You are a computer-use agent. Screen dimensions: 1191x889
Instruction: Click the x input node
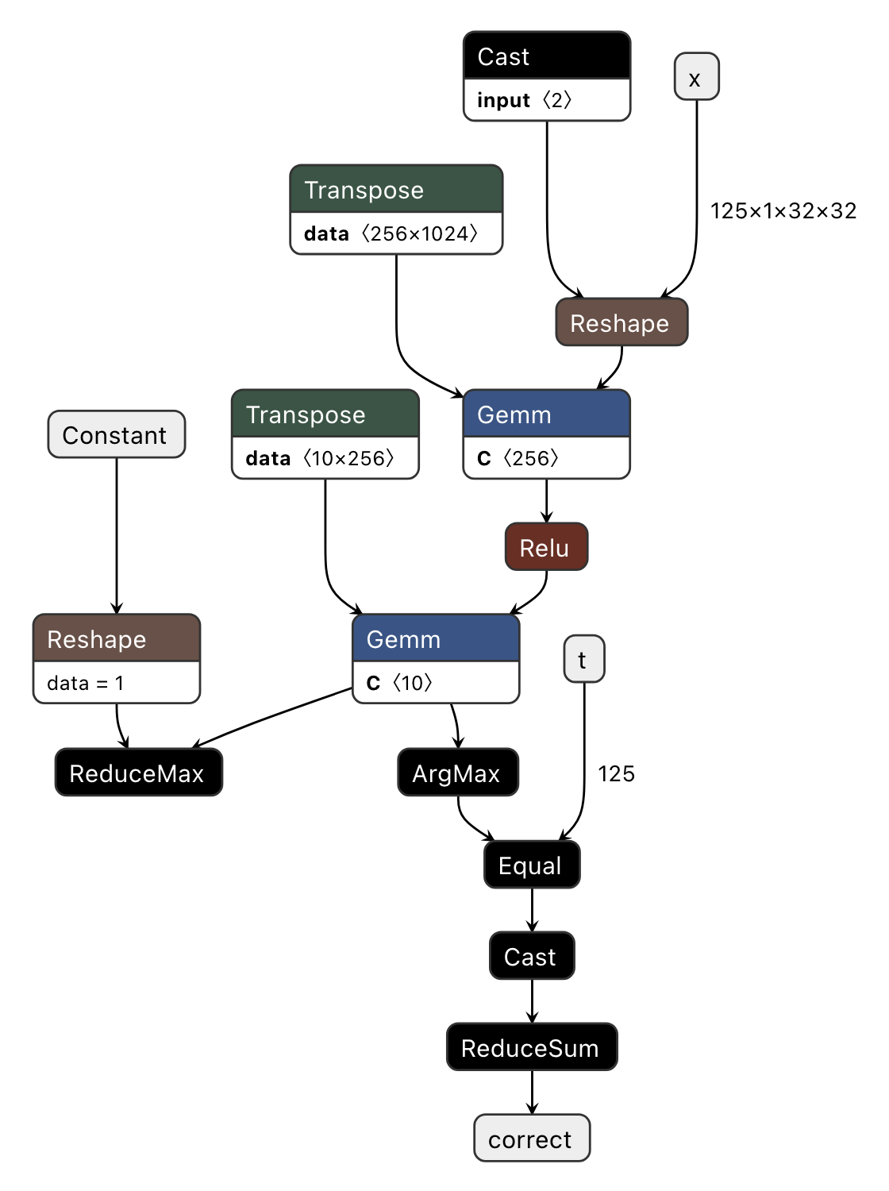click(696, 77)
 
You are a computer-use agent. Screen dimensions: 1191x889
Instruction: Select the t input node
click(583, 659)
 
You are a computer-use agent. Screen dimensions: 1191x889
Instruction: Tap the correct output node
click(531, 1139)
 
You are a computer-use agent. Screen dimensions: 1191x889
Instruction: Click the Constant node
click(116, 434)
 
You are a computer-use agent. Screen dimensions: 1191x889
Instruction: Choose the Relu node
click(546, 547)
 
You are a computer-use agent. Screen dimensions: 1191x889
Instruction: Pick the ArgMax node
click(457, 773)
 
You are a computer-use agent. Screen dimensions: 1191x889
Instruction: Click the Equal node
click(531, 865)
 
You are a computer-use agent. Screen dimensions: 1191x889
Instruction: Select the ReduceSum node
click(531, 1047)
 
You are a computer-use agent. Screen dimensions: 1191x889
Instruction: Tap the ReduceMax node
click(138, 773)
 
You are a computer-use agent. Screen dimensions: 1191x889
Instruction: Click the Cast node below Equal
click(531, 956)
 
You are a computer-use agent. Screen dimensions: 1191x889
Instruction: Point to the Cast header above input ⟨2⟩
click(546, 56)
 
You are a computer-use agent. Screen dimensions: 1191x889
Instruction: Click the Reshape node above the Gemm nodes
click(621, 322)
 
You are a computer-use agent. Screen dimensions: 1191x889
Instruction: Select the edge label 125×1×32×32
click(783, 210)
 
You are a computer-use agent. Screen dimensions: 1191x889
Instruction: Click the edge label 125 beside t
click(616, 773)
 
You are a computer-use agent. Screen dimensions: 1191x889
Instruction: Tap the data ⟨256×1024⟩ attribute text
click(391, 233)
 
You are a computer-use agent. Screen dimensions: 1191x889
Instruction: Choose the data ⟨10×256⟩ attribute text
click(320, 458)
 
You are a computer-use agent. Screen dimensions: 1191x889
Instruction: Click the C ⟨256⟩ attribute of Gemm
click(518, 458)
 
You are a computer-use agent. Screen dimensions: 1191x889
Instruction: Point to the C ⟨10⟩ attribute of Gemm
click(399, 683)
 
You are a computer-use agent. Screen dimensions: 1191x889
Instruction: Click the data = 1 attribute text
click(86, 683)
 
